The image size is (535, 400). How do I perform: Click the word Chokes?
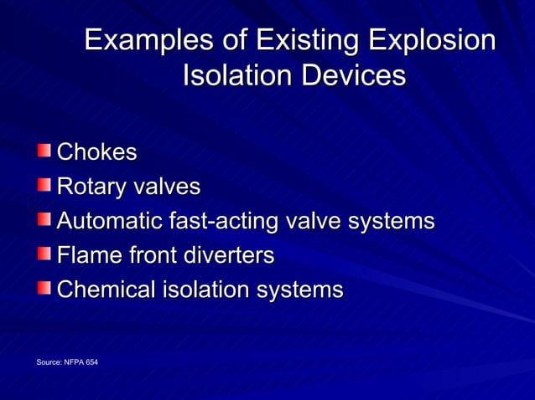pos(96,152)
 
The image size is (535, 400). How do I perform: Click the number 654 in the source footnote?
pos(97,362)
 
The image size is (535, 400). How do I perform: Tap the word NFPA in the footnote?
pos(76,362)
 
